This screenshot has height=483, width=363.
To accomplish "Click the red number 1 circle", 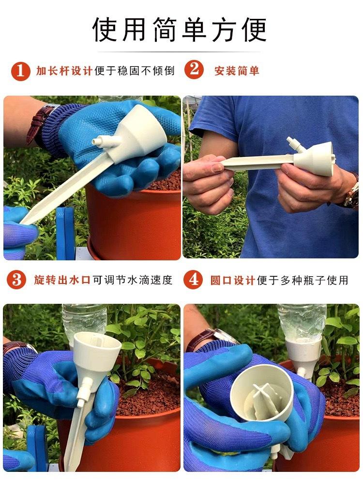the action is pyautogui.click(x=21, y=71).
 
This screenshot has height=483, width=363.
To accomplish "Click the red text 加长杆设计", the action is pyautogui.click(x=64, y=71).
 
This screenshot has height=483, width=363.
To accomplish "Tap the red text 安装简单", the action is pyautogui.click(x=237, y=71).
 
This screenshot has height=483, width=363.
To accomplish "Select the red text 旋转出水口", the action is pyautogui.click(x=62, y=280).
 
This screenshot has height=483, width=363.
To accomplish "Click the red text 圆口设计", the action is pyautogui.click(x=232, y=280).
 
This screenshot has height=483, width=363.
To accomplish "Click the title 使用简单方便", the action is pyautogui.click(x=180, y=29).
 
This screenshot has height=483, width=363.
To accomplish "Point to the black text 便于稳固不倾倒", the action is pyautogui.click(x=135, y=71).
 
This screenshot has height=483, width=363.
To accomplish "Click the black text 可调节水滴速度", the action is pyautogui.click(x=133, y=280).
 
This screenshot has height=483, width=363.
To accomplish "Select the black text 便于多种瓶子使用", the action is pyautogui.click(x=302, y=280).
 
